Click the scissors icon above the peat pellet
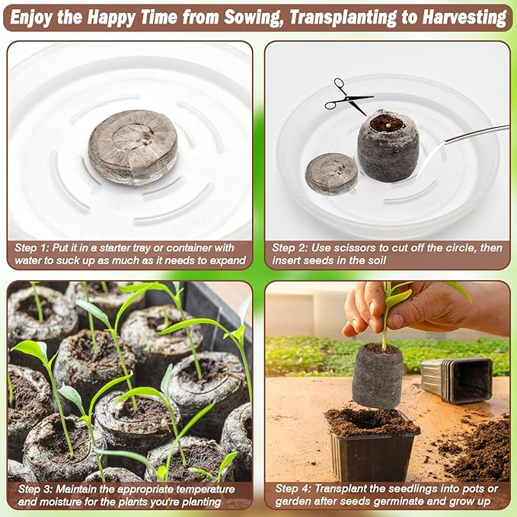tap(348, 97)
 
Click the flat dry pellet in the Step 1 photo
tap(132, 148)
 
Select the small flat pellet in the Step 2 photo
tap(331, 173)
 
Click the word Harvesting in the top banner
tap(464, 18)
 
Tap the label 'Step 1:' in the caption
tap(31, 248)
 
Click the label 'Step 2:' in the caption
tap(289, 248)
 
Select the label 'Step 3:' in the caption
tap(35, 489)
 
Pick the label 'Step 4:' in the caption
tap(293, 489)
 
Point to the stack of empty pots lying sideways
tap(457, 380)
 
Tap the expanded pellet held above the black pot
tap(378, 376)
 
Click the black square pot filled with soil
tap(372, 445)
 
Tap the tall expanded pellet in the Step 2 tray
tap(388, 146)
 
